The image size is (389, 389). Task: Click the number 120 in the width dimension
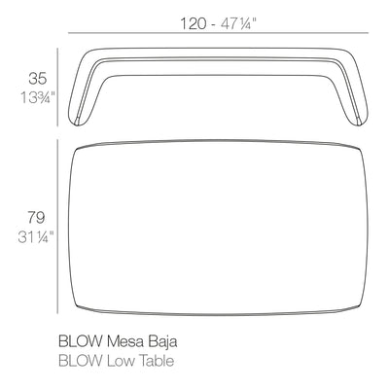pos(193,22)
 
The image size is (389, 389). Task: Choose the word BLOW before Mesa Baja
pos(80,341)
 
